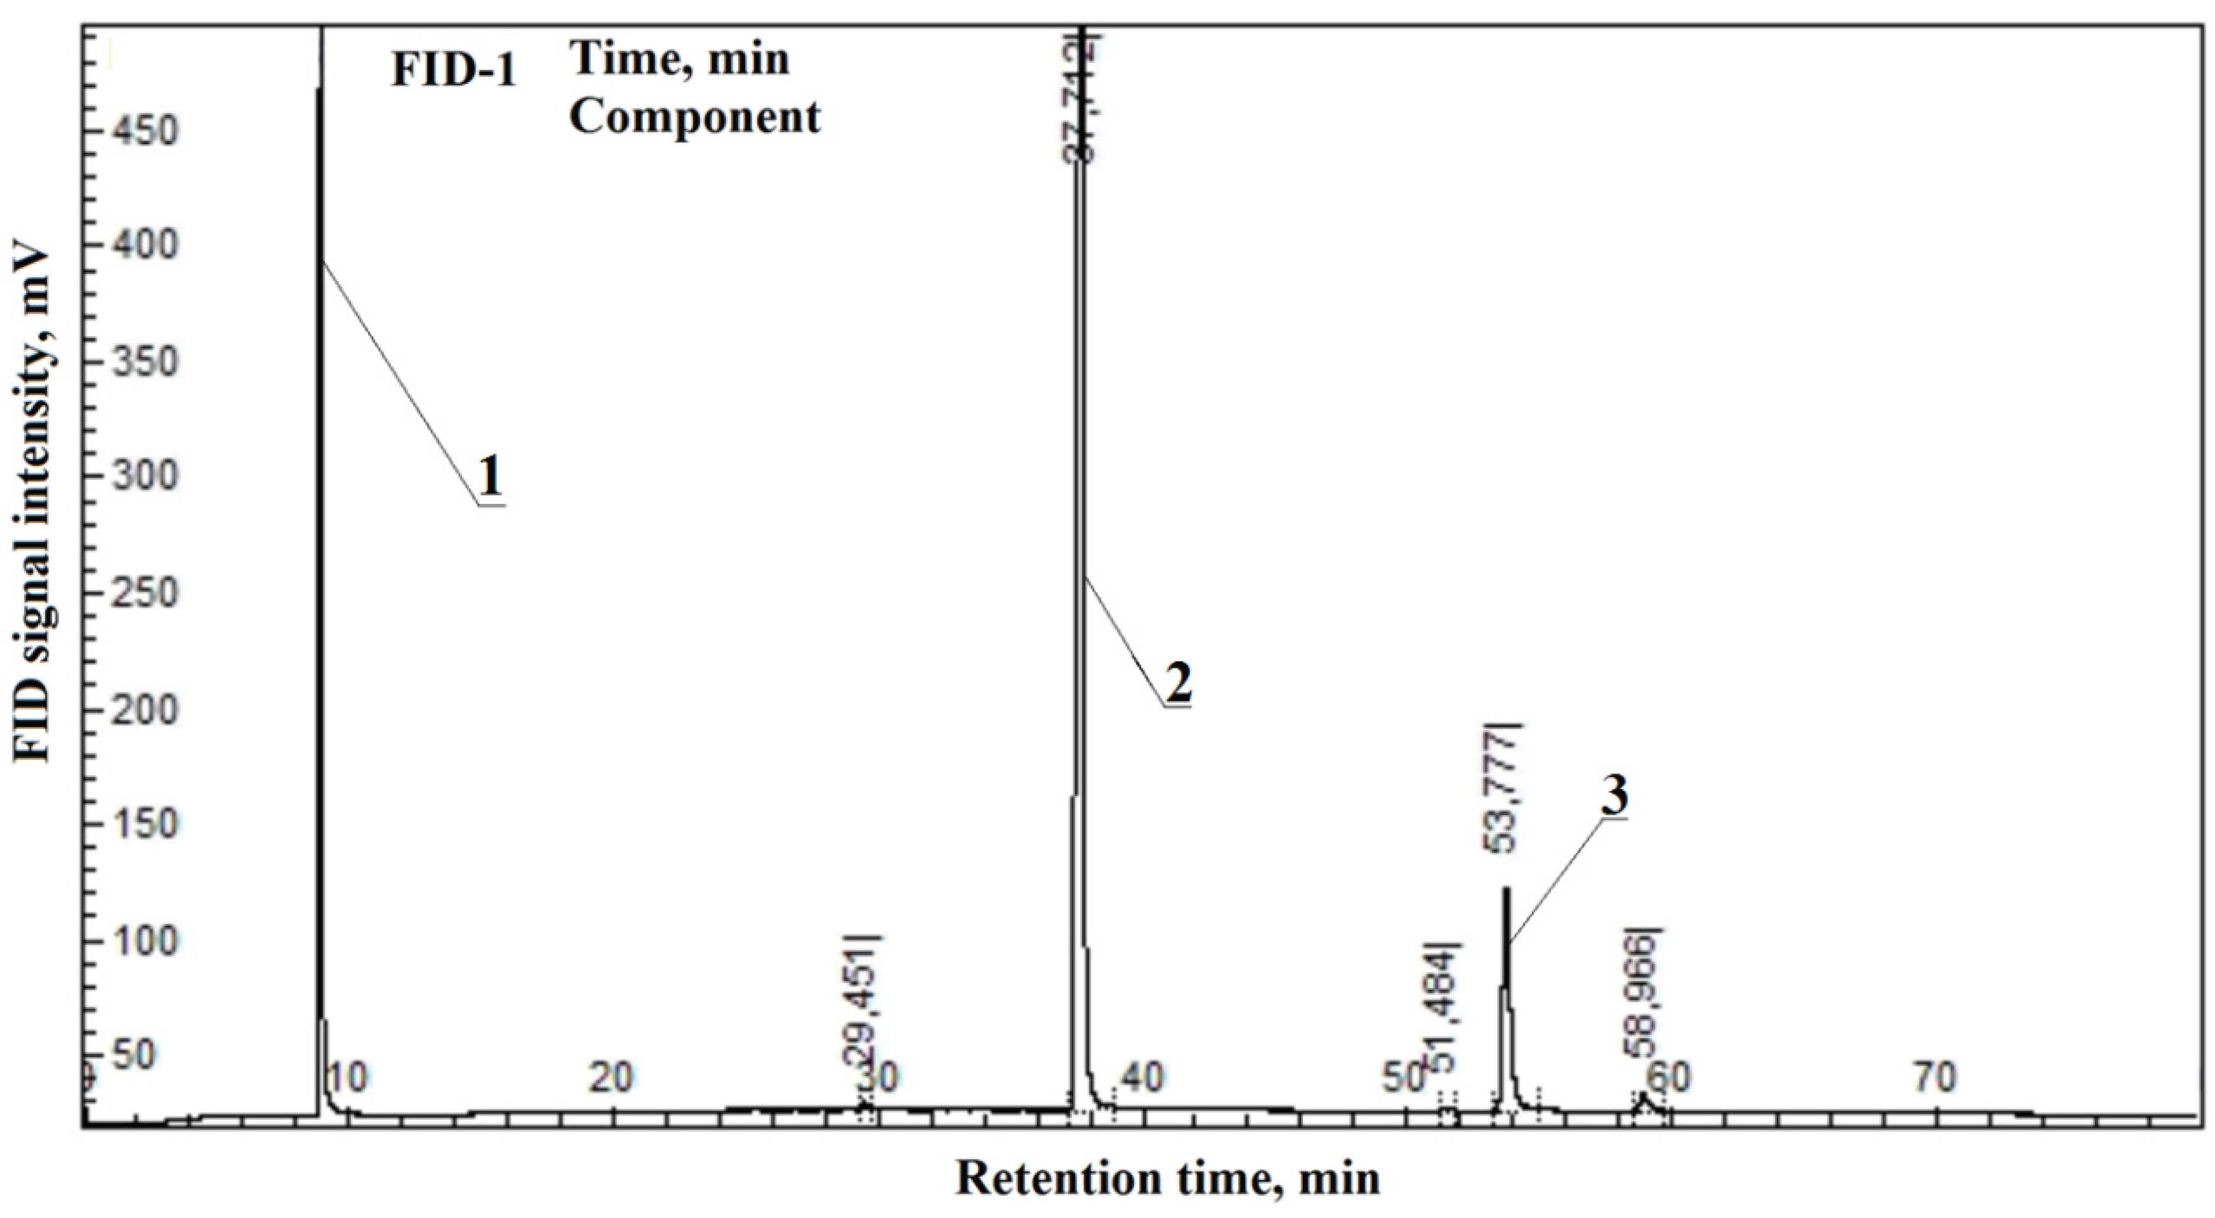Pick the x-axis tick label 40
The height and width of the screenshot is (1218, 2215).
(x=1144, y=1077)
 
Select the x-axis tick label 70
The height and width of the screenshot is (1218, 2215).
(x=1935, y=1077)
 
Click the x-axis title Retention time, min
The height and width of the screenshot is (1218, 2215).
(x=1168, y=1177)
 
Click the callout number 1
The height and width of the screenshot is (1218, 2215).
(x=490, y=475)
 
